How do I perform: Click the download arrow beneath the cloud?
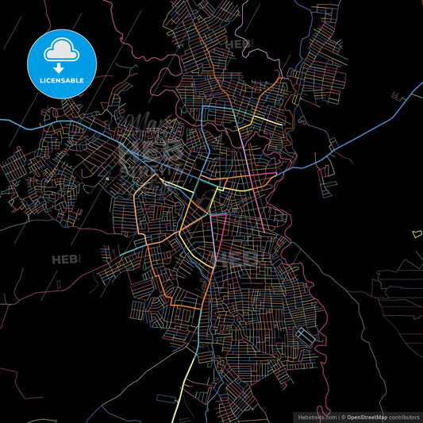pyautogui.click(x=61, y=68)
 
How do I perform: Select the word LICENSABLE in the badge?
pyautogui.click(x=61, y=81)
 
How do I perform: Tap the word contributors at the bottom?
pyautogui.click(x=403, y=417)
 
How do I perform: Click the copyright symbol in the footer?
pyautogui.click(x=342, y=417)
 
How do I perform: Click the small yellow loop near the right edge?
pyautogui.click(x=417, y=233)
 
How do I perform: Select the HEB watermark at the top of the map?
pyautogui.click(x=237, y=44)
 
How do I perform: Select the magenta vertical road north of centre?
pyautogui.click(x=242, y=143)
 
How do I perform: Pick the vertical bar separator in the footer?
pyautogui.click(x=337, y=417)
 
